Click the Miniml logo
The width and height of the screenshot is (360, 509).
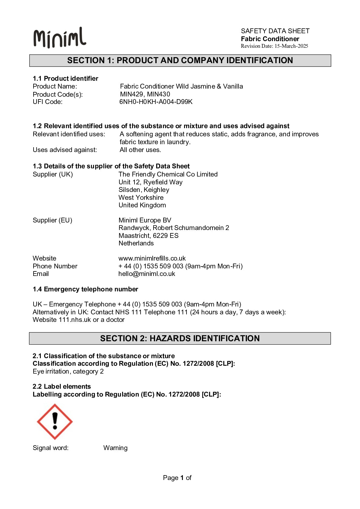60,38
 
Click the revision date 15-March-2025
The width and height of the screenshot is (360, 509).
291,46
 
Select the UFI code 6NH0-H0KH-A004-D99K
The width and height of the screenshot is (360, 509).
156,102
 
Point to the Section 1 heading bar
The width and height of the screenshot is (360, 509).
180,60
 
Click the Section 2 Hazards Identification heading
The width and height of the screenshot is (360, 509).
180,338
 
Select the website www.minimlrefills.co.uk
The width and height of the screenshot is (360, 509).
152,258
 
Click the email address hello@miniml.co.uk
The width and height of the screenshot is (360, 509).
147,274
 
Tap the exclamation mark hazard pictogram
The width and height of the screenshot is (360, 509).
55,421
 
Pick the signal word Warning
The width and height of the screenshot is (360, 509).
115,448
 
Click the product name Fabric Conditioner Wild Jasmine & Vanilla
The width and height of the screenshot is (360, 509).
181,86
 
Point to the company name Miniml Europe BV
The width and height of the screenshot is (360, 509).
145,220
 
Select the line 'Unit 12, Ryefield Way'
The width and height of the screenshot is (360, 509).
151,182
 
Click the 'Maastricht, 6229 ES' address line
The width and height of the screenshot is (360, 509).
148,236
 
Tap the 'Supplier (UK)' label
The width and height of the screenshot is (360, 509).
53,174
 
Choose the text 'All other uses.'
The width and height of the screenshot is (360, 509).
140,150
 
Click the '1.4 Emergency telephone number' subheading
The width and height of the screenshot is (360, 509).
86,289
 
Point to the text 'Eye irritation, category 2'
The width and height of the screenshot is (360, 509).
68,371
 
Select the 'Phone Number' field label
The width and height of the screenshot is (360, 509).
55,266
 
